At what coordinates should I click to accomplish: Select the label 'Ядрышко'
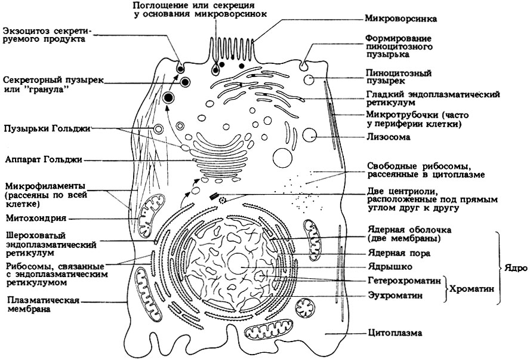coord(390,267)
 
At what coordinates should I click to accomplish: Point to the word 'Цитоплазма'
coord(395,333)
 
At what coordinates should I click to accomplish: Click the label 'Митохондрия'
coord(36,218)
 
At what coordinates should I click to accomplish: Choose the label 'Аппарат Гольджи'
coord(44,160)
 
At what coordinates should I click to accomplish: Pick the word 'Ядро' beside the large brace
coord(516,269)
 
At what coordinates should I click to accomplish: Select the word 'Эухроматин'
coord(396,296)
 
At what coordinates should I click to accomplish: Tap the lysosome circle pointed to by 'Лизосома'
coord(309,136)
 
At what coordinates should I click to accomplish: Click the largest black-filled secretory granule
coord(168,98)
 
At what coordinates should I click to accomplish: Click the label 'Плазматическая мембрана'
coord(43,304)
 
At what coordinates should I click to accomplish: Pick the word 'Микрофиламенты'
coord(45,186)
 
